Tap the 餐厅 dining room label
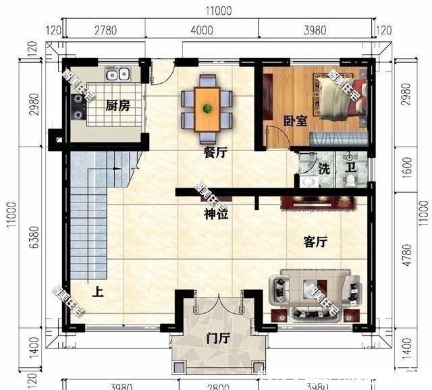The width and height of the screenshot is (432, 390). click(215, 152)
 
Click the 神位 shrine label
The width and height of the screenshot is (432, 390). click(215, 215)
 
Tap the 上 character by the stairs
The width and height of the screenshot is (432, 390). click(98, 292)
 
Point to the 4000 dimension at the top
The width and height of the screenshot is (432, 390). click(202, 30)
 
